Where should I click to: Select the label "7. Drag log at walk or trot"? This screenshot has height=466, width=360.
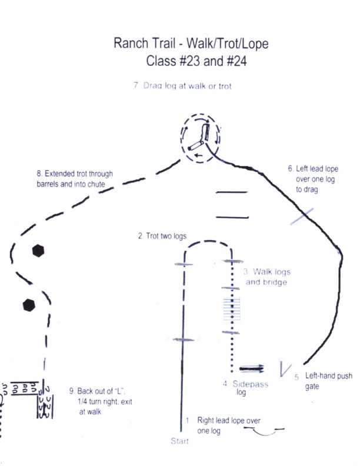182,86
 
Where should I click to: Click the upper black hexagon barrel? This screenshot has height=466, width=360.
38,251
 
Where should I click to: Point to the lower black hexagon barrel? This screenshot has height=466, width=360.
29,305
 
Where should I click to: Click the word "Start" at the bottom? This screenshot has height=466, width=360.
179,441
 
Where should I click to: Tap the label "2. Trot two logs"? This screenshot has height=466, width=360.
162,236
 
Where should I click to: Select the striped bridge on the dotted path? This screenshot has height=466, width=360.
232,310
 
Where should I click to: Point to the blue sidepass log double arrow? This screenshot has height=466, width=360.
252,369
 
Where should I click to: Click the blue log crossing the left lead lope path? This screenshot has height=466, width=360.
302,217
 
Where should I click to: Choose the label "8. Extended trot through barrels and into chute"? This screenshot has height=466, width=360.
75,179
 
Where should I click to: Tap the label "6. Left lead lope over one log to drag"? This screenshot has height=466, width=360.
313,179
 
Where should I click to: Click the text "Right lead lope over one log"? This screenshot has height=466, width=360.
229,425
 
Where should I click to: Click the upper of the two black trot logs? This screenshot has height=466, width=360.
232,192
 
